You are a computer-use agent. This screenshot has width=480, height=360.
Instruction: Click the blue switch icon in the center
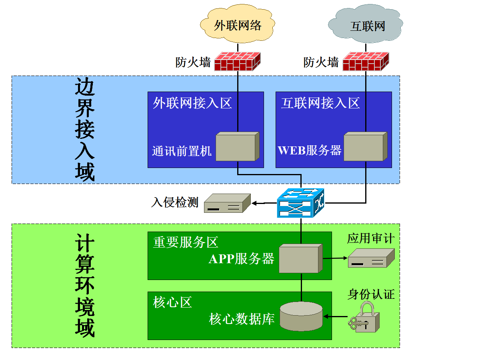tap(301, 203)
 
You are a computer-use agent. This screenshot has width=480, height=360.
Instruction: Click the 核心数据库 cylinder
tap(301, 316)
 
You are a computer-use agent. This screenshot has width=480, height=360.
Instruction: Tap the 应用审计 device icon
tap(371, 258)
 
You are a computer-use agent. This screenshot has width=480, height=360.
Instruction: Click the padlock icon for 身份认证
tap(364, 318)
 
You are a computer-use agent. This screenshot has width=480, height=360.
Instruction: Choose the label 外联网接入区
tap(192, 103)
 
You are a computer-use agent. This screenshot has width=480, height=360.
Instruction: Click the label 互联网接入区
tap(320, 103)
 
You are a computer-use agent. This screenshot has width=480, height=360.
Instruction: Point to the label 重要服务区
tap(186, 242)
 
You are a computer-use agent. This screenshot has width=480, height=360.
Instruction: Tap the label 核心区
tap(172, 302)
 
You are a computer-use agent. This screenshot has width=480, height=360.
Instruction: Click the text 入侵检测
tap(175, 202)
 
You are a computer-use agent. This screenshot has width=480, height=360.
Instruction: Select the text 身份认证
tap(371, 295)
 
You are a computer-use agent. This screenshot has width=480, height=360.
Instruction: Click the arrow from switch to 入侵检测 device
tap(264, 204)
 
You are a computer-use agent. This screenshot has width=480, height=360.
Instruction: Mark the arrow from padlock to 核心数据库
tap(335, 317)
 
